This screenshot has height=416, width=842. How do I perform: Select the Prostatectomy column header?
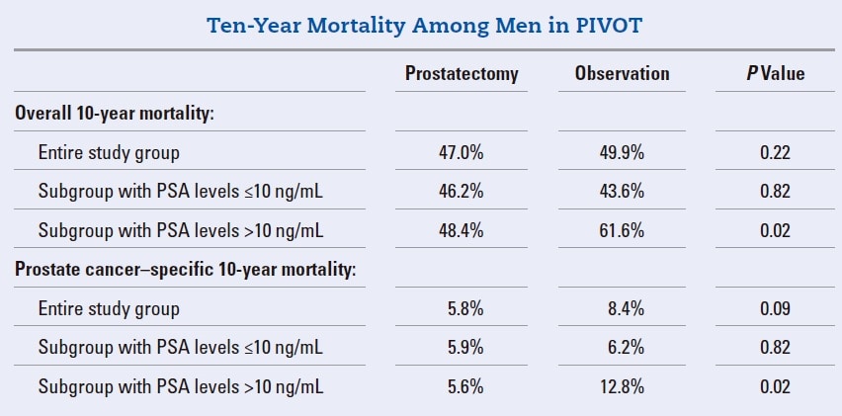point(461,74)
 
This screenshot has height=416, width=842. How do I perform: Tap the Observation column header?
point(622,74)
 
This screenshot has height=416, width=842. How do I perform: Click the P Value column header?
point(775,74)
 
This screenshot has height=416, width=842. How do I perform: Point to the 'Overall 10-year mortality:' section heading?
point(115,114)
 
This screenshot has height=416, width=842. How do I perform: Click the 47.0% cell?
point(461,152)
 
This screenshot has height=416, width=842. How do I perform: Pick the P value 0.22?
point(775,152)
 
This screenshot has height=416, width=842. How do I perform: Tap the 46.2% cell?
point(461,192)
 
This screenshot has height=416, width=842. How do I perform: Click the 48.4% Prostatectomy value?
point(461,230)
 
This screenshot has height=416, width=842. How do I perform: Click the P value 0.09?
point(775,309)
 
